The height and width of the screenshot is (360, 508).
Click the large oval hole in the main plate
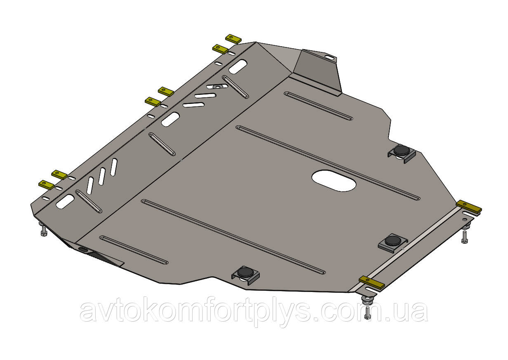pos(334,181)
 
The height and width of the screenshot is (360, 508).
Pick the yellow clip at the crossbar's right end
pos(469,207)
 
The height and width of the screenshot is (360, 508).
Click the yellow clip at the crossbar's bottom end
pos(372,282)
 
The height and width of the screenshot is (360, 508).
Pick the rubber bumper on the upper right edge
pos(401,151)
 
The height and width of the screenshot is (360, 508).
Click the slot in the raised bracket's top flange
pos(329,57)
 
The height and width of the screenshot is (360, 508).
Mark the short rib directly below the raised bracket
pos(318,106)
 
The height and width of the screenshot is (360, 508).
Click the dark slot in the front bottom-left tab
pos(82,250)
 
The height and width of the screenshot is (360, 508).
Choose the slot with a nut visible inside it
pos(218,87)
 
